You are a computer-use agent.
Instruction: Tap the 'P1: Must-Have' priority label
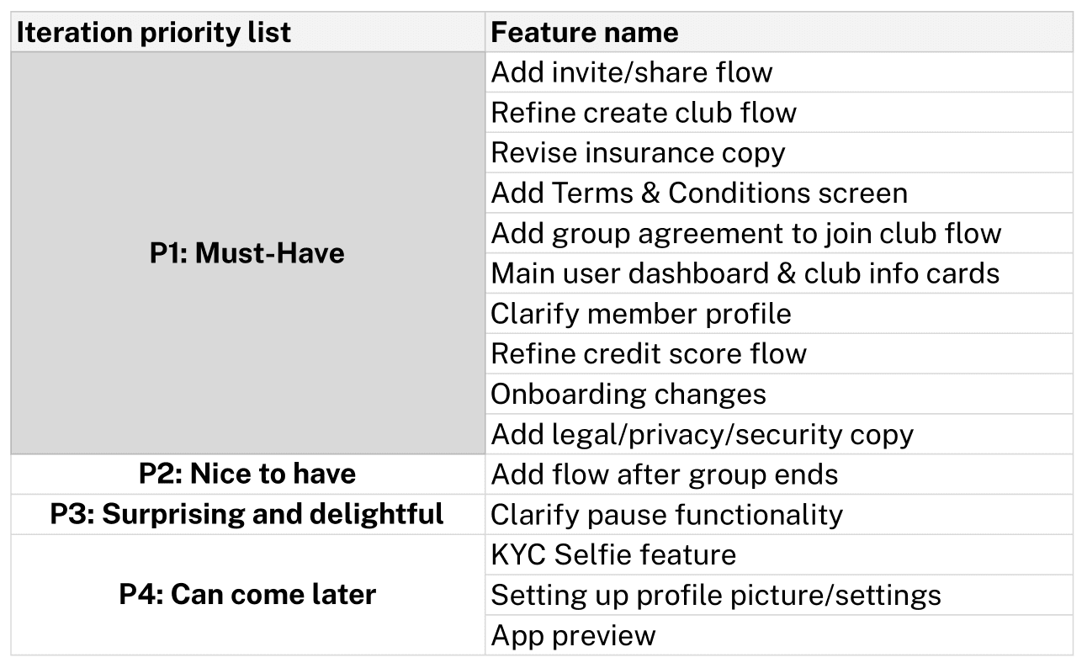click(247, 252)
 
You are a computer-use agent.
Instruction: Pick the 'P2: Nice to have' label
click(247, 474)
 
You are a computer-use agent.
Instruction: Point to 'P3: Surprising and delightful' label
click(247, 514)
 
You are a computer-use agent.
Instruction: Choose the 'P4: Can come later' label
click(247, 594)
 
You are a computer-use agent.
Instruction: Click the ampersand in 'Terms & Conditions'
click(650, 193)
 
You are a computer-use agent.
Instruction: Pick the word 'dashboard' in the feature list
click(698, 273)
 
